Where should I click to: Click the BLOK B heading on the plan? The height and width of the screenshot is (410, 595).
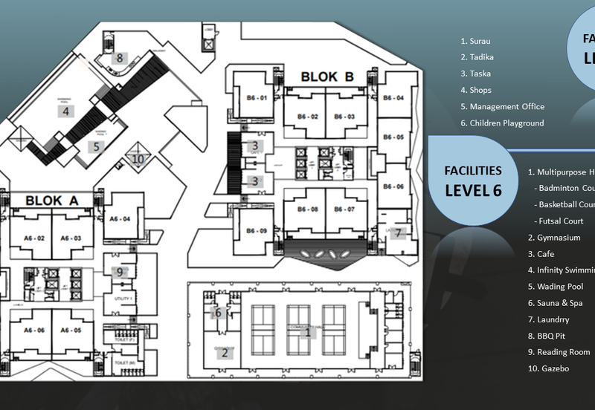click(327, 77)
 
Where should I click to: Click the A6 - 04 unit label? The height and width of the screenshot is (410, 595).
click(120, 219)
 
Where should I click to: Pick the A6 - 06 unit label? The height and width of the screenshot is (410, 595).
click(35, 330)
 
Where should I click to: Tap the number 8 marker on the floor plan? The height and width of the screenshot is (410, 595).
click(118, 57)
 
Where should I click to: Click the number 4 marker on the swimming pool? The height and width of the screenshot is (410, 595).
click(65, 111)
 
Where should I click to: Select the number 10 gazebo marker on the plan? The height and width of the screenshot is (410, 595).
click(138, 157)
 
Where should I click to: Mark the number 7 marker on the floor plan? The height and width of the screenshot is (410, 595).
click(398, 232)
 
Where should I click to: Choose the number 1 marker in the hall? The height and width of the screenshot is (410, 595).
click(307, 332)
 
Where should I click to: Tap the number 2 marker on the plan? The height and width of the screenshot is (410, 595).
click(224, 353)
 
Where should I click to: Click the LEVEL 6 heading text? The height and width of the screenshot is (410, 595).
click(473, 190)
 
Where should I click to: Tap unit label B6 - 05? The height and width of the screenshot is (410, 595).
click(394, 137)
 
